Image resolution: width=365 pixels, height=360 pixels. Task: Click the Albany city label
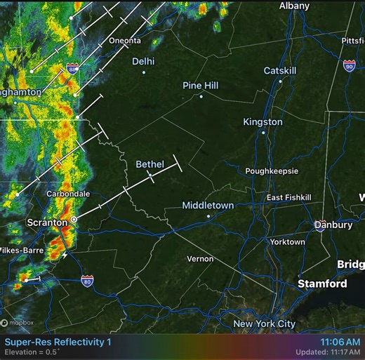pyautogui.click(x=294, y=6)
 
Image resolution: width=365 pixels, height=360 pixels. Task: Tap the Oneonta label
pyautogui.click(x=125, y=41)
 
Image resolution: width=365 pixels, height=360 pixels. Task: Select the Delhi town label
pyautogui.click(x=143, y=61)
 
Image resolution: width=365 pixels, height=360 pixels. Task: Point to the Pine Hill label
pyautogui.click(x=201, y=86)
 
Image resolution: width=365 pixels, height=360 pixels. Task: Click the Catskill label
pyautogui.click(x=281, y=71)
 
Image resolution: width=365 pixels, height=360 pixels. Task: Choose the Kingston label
pyautogui.click(x=263, y=122)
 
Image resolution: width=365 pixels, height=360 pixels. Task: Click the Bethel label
pyautogui.click(x=150, y=164)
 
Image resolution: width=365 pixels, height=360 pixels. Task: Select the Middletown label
pyautogui.click(x=208, y=206)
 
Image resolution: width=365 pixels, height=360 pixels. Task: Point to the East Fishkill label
pyautogui.click(x=288, y=198)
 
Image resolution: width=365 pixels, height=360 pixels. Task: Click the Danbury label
pyautogui.click(x=333, y=225)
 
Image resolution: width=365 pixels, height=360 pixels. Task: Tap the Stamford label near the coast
pyautogui.click(x=322, y=284)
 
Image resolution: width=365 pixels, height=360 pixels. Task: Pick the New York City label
pyautogui.click(x=265, y=324)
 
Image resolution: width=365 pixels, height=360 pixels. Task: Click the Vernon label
pyautogui.click(x=200, y=259)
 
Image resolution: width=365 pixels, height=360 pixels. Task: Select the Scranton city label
pyautogui.click(x=46, y=222)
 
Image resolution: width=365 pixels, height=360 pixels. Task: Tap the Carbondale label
pyautogui.click(x=68, y=194)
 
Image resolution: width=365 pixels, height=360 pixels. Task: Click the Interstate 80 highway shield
pyautogui.click(x=87, y=281)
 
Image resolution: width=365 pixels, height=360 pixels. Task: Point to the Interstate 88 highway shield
pyautogui.click(x=73, y=69)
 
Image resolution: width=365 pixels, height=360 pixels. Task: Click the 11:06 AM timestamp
pyautogui.click(x=340, y=341)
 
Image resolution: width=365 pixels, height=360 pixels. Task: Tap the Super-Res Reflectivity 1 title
pyautogui.click(x=58, y=342)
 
